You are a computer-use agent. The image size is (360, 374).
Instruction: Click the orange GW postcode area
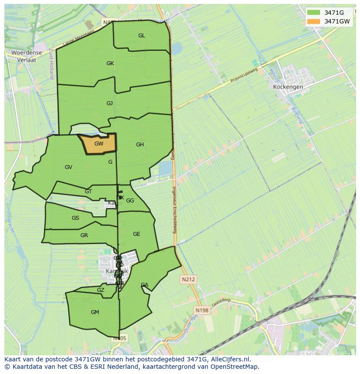(x=99, y=144)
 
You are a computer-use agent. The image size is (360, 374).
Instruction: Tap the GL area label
(x=142, y=36)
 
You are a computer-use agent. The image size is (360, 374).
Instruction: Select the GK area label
(x=110, y=63)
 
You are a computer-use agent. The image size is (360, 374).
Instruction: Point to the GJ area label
(x=110, y=103)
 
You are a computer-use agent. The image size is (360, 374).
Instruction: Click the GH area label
(x=140, y=145)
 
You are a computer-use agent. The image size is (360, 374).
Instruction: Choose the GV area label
(x=68, y=167)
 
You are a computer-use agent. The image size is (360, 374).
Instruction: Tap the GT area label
(x=88, y=192)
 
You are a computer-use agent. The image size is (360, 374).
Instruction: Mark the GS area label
(x=76, y=218)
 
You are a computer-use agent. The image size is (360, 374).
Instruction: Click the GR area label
(x=84, y=235)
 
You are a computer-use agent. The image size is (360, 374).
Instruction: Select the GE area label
(x=137, y=234)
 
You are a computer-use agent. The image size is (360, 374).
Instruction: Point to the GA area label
(x=144, y=285)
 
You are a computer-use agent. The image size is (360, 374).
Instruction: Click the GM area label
(x=95, y=312)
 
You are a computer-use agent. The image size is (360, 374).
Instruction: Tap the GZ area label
(x=100, y=290)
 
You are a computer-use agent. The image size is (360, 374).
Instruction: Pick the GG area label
(x=130, y=201)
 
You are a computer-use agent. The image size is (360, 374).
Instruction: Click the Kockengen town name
(x=288, y=87)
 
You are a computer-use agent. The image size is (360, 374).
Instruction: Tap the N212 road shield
(x=189, y=280)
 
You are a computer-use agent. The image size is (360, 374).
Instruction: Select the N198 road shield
(x=202, y=310)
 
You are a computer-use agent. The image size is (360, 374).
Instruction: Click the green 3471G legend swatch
(x=313, y=13)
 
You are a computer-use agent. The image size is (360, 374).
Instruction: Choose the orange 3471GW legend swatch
(x=313, y=21)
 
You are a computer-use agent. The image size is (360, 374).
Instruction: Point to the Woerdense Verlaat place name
(x=27, y=56)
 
